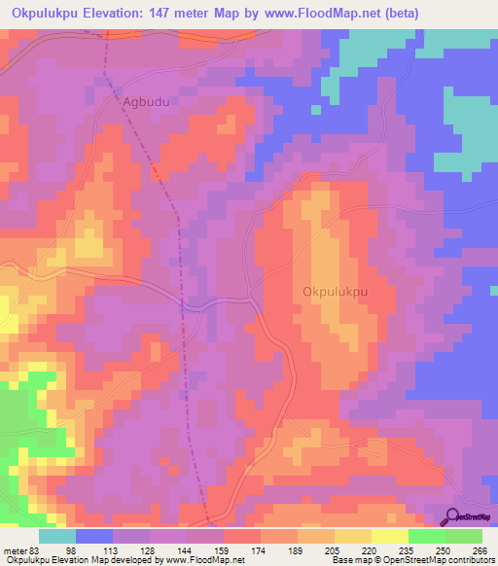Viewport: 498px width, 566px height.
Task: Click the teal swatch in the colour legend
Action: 57,536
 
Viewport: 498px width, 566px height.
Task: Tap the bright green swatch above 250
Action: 427,536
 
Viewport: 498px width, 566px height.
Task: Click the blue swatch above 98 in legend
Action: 94,536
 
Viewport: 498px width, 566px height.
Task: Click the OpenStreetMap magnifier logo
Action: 452,516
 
